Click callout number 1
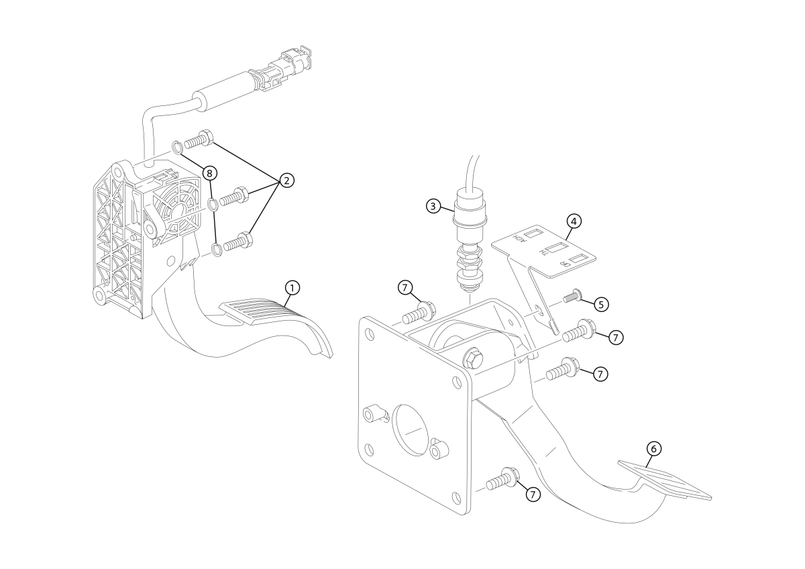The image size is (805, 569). click(291, 287)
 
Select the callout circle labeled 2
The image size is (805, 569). click(286, 180)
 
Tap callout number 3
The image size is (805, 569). click(434, 206)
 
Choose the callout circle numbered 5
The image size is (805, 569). click(600, 304)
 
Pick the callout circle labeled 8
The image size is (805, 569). click(209, 173)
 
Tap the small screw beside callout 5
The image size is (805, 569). click(572, 296)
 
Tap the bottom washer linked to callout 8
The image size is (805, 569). click(218, 250)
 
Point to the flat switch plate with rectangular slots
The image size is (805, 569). click(545, 252)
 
